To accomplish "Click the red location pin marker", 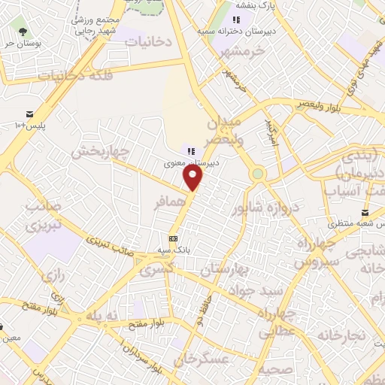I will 194,177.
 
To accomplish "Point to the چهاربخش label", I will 100,152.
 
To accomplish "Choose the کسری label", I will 161,268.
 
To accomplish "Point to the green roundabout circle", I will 258,174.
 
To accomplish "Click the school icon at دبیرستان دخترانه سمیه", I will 236,20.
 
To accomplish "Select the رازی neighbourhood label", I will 51,277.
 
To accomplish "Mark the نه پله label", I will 102,317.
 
